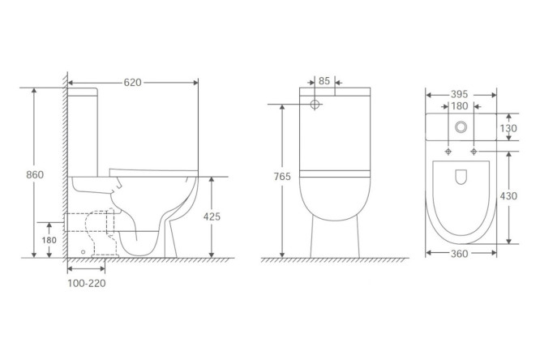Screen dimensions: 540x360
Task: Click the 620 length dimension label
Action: pyautogui.click(x=133, y=83)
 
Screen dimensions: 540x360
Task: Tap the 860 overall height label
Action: pyautogui.click(x=35, y=174)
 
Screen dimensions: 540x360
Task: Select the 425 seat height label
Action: pyautogui.click(x=212, y=216)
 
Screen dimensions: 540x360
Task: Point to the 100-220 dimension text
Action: pyautogui.click(x=87, y=283)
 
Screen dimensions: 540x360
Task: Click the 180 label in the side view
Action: pyautogui.click(x=49, y=240)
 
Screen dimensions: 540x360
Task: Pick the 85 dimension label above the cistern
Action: pyautogui.click(x=324, y=81)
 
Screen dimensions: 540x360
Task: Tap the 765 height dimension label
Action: pyautogui.click(x=282, y=177)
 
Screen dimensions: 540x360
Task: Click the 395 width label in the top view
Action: pyautogui.click(x=460, y=94)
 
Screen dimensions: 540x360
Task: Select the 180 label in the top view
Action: pyautogui.click(x=460, y=106)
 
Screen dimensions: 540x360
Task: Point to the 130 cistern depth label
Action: pyautogui.click(x=508, y=128)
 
